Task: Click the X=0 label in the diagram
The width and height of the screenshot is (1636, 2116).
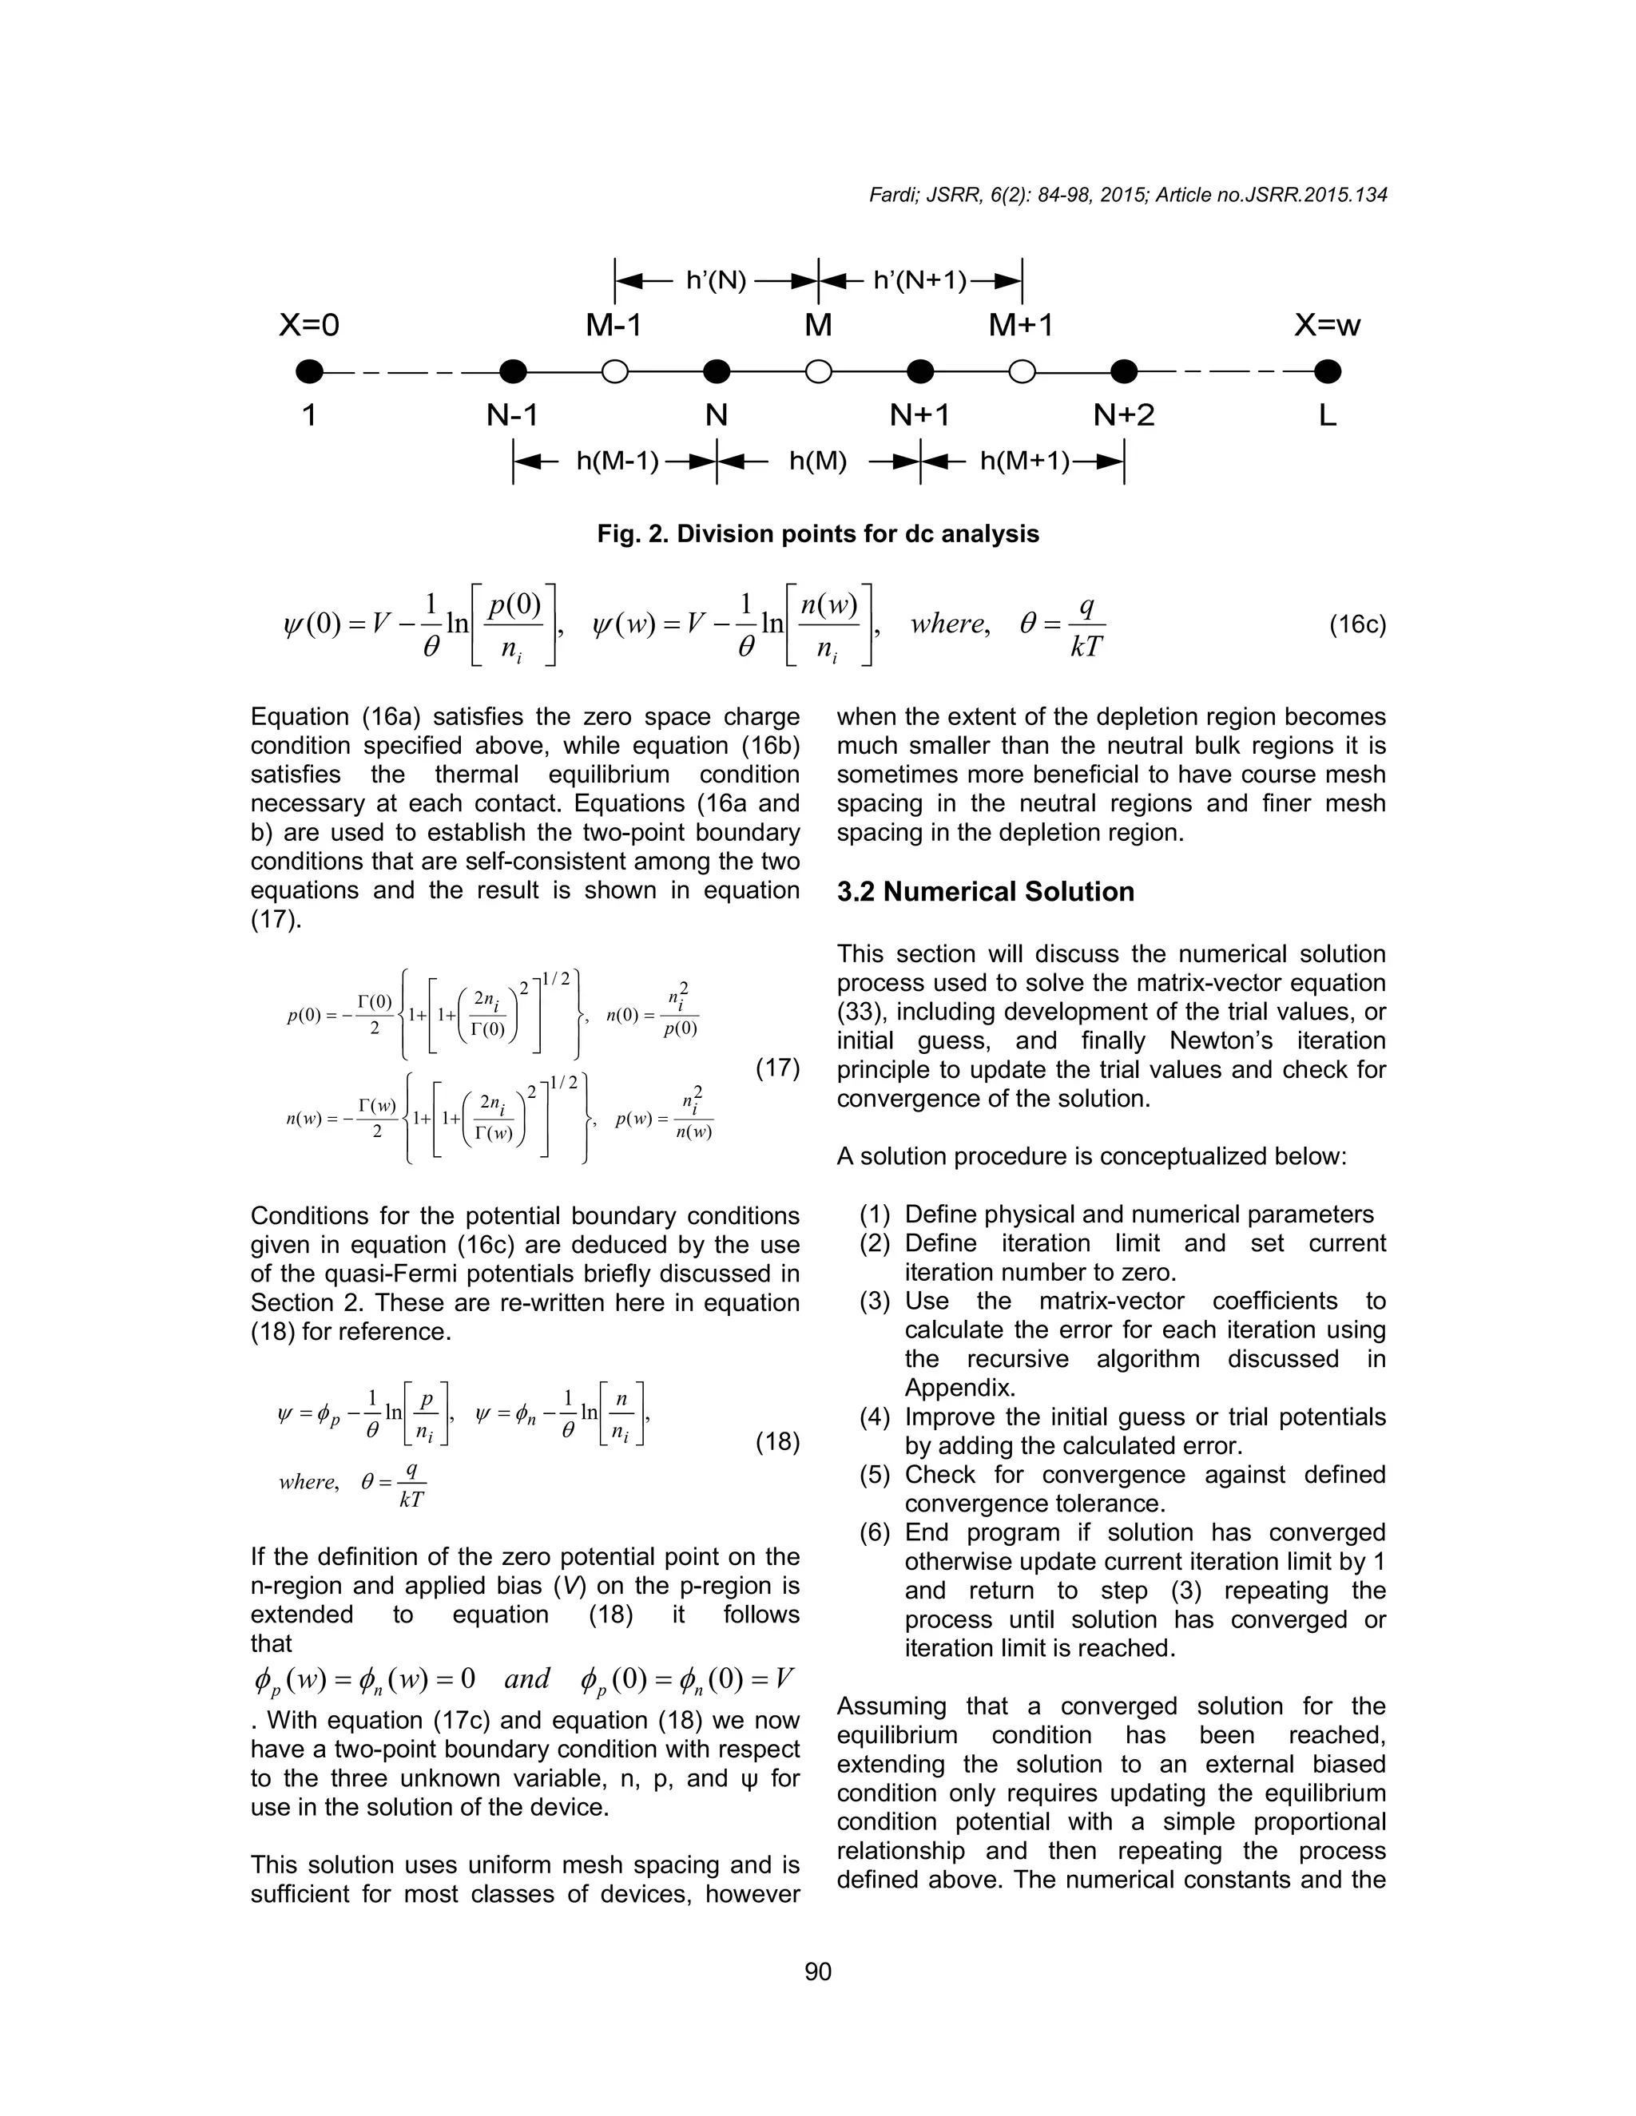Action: click(309, 326)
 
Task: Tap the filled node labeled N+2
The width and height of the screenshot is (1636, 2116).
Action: click(1123, 371)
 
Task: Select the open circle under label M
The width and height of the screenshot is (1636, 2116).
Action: click(818, 371)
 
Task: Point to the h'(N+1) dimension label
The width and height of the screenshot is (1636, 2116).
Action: click(921, 281)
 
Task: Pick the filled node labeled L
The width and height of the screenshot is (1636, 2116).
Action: click(1327, 371)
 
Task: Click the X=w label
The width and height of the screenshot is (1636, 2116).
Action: click(1327, 326)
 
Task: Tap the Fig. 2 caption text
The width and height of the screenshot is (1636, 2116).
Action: click(818, 534)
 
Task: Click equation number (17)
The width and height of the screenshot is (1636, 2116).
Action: click(777, 1068)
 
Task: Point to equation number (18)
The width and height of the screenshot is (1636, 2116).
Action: click(777, 1443)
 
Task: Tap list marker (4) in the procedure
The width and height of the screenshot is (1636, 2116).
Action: click(876, 1417)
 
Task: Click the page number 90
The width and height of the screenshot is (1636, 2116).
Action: click(818, 1971)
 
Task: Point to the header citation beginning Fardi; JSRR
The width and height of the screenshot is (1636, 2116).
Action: click(1127, 195)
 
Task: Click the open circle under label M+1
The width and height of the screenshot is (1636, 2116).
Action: click(1022, 371)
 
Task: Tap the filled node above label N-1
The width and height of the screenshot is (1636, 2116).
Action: click(513, 371)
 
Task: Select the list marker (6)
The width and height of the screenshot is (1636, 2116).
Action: click(876, 1533)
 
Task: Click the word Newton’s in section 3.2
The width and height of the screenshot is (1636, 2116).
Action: click(1222, 1040)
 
